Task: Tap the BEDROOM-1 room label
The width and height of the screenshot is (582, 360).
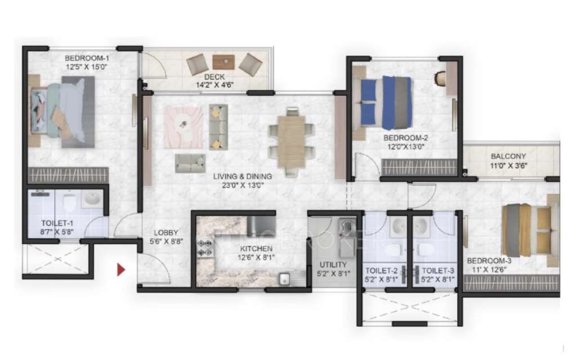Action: (x=87, y=58)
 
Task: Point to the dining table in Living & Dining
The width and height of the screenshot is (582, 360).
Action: (x=291, y=141)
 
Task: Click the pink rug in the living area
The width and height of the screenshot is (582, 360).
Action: (x=183, y=127)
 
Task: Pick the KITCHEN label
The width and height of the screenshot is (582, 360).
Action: (x=256, y=248)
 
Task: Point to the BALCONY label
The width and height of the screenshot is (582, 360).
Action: (x=508, y=156)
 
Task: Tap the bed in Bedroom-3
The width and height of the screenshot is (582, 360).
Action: (x=527, y=229)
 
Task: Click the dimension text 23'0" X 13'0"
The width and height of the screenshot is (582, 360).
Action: (x=239, y=184)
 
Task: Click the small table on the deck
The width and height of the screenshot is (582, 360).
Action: (x=223, y=61)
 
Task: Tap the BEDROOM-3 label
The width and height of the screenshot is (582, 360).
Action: (x=489, y=261)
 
